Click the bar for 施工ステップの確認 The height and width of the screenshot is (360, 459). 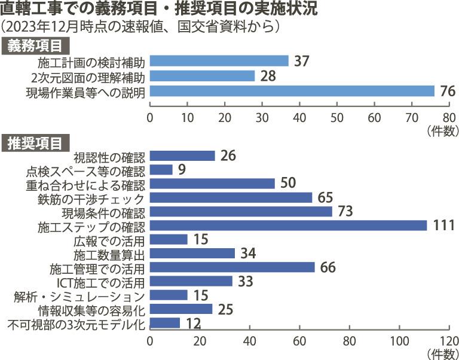[x=288, y=225]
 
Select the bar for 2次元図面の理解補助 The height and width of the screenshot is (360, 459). [x=202, y=76]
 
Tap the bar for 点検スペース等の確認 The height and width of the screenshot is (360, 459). [x=161, y=170]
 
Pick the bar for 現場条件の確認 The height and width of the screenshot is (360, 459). [x=240, y=211]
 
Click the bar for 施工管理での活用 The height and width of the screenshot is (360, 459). [x=232, y=267]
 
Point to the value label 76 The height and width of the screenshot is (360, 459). [x=448, y=91]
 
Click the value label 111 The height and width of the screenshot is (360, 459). [x=444, y=225]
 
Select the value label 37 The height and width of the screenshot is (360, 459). [x=302, y=61]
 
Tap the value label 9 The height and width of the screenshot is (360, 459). [x=182, y=170]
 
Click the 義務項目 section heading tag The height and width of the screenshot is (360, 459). [x=37, y=45]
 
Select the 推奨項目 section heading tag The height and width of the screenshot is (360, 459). [x=37, y=142]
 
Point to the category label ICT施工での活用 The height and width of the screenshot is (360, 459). [x=101, y=282]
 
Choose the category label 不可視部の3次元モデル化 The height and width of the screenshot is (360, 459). [x=76, y=324]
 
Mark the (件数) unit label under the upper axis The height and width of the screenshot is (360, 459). [x=442, y=129]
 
